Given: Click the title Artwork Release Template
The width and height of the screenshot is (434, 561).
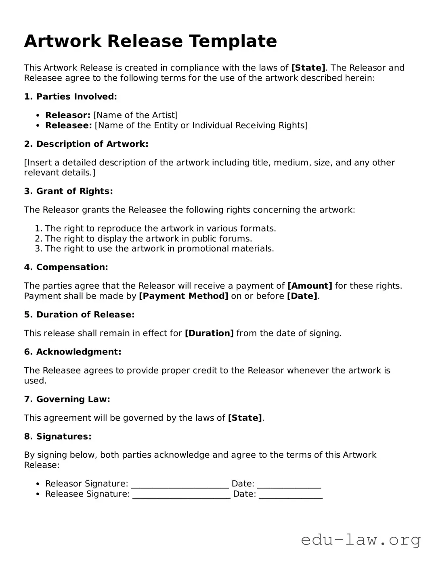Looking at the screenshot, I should [150, 41].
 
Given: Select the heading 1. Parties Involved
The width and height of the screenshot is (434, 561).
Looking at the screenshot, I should [70, 96].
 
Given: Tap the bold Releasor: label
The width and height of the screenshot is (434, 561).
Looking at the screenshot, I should [67, 115].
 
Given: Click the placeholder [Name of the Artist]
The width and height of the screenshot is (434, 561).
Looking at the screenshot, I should [135, 115].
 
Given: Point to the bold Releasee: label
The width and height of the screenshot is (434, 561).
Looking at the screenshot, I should [69, 125].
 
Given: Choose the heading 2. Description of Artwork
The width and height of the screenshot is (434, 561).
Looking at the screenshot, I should [86, 144].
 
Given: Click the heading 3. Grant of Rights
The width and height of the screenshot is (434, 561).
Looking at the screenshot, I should [68, 191].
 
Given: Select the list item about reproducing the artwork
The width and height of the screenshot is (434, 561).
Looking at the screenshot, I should [160, 228].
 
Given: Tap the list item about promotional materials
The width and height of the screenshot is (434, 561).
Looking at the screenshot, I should [159, 248].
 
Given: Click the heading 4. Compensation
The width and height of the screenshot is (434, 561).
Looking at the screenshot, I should [66, 267].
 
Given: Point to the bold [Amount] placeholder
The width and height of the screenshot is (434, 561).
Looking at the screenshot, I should [310, 286].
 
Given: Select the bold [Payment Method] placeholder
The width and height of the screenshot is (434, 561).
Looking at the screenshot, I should [183, 296].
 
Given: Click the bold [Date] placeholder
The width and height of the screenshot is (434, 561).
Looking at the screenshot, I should [302, 296].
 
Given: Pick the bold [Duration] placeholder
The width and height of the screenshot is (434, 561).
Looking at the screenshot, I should [209, 333].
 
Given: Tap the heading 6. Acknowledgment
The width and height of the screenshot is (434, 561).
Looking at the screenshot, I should [73, 352].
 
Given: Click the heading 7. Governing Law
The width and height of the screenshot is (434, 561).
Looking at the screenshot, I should [67, 399].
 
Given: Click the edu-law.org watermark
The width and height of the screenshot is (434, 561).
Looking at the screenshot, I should [361, 540].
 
